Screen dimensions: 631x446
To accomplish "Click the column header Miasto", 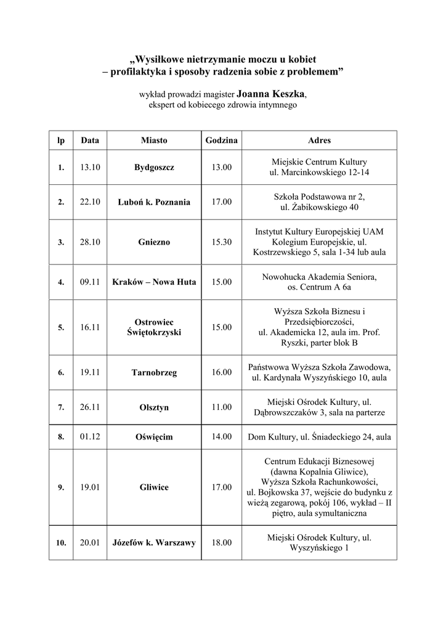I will pos(154,140).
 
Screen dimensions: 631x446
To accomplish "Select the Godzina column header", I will pos(222,140).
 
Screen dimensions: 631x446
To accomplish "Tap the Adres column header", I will pos(319,140).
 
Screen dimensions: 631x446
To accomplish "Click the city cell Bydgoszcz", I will pos(154,168).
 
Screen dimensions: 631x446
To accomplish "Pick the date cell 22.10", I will pos(90,202).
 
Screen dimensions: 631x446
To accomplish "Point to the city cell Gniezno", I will pos(154,242).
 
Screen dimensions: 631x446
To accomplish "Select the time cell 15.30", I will pos(222,242).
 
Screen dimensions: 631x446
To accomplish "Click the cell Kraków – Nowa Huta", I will pos(154,282).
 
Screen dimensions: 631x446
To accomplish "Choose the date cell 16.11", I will pos(90,327).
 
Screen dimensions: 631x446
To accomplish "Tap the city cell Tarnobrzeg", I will pos(154,372).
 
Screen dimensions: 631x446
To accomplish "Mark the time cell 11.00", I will pos(222,407).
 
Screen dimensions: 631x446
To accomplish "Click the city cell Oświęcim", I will pos(154,437).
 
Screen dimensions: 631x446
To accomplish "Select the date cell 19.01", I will pos(90,487).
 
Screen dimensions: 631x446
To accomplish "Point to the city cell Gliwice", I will pos(154,487).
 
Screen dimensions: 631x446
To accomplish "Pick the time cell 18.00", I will pos(222,543).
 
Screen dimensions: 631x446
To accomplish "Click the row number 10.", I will pos(61,543).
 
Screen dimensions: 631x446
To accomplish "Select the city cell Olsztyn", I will pos(154,407).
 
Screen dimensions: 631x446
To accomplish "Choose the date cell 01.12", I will pos(90,437).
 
